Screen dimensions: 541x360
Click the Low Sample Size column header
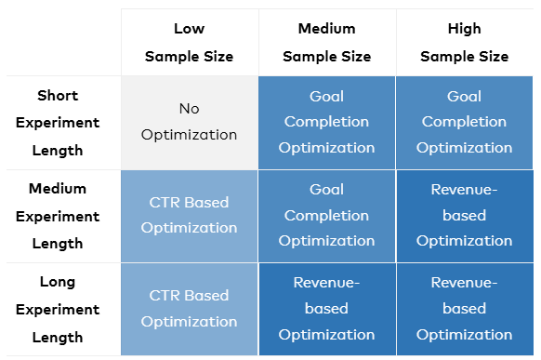pos(190,43)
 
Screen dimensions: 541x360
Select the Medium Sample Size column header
pos(327,43)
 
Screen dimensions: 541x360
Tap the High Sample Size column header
pos(465,43)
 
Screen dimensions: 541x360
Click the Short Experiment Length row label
pos(58,123)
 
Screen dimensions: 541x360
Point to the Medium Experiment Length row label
pos(58,216)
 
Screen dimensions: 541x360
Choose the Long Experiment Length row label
pos(58,309)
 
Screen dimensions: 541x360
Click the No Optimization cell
pos(190,123)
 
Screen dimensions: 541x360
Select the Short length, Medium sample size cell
pos(327,123)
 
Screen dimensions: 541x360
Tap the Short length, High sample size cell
pos(465,123)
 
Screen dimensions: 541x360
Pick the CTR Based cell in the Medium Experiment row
pos(190,216)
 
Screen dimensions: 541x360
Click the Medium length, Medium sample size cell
pos(327,216)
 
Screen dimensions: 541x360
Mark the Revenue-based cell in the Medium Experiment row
pos(465,216)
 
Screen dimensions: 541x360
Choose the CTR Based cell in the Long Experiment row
pos(190,309)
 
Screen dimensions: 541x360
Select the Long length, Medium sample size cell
pos(327,309)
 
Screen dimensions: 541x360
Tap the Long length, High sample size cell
pos(465,309)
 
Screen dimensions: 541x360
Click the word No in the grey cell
pos(189,109)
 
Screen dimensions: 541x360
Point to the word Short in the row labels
pos(58,96)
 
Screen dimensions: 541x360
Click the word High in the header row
pos(465,29)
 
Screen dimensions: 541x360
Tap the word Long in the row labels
pos(58,283)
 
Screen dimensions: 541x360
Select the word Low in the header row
pos(189,29)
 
